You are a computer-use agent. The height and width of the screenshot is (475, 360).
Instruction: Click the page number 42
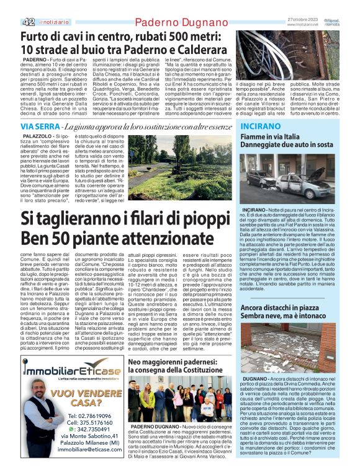[28, 22]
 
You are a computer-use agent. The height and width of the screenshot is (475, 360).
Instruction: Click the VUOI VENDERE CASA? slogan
[78, 397]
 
